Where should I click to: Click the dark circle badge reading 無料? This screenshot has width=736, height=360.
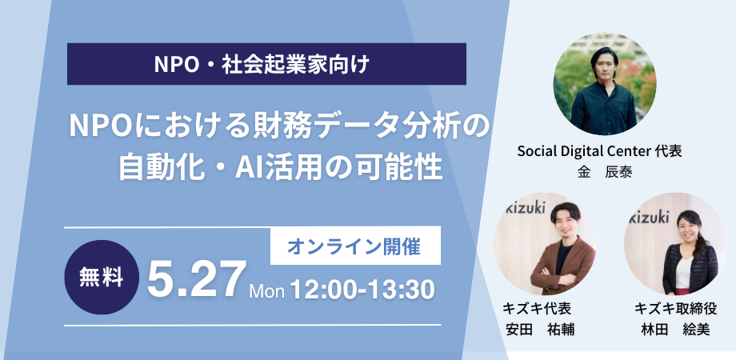click(102, 277)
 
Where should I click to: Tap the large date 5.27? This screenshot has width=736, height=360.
click(196, 280)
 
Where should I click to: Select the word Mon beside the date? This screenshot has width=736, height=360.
click(266, 291)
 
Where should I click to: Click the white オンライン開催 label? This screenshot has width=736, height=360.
click(355, 246)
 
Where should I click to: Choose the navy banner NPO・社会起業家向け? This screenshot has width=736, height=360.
click(266, 64)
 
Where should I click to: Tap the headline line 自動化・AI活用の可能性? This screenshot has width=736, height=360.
click(280, 167)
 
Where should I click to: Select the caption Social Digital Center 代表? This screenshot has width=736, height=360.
click(599, 151)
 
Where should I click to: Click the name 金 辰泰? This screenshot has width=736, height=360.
click(605, 172)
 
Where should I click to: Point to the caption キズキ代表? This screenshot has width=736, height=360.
click(537, 308)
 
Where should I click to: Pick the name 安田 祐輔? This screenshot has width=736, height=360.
click(540, 329)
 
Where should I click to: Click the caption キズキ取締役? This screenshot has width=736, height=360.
click(676, 308)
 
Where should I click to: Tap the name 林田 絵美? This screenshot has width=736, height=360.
click(676, 329)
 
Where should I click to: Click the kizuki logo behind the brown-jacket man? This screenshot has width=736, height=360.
click(525, 207)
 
